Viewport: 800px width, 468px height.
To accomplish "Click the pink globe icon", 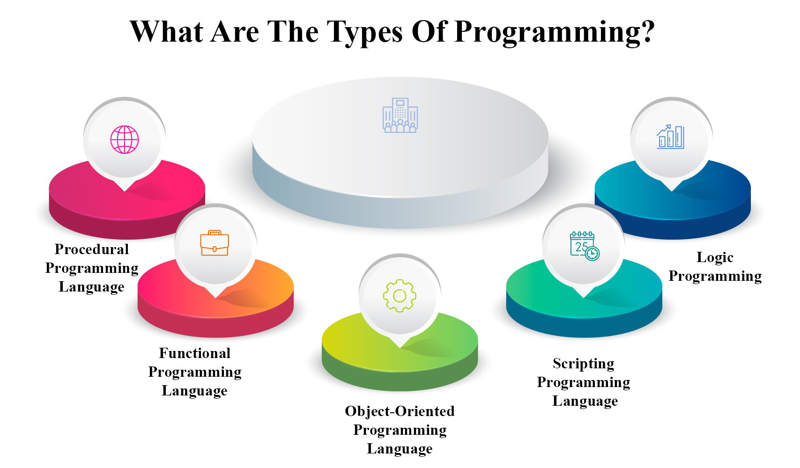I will click(x=125, y=139).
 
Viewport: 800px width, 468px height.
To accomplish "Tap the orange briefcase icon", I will click(x=215, y=243).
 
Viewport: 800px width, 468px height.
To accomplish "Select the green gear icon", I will click(x=400, y=296).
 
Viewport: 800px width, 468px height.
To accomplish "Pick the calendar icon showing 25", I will click(x=584, y=246).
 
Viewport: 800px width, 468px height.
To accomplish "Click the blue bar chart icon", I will click(x=670, y=137).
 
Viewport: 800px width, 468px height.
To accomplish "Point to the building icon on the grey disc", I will click(x=400, y=116).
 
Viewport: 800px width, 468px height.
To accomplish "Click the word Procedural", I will click(x=92, y=249).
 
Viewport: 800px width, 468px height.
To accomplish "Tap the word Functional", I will click(x=195, y=353).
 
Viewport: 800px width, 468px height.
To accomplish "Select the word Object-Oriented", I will click(x=400, y=411).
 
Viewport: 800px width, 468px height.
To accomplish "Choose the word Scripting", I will click(x=584, y=364).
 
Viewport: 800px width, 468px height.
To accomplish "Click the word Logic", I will click(x=715, y=257).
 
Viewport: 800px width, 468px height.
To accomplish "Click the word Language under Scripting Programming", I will click(x=585, y=401).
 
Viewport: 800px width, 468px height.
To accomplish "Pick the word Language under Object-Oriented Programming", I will click(x=400, y=449).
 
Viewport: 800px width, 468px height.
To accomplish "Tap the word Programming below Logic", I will click(x=715, y=276).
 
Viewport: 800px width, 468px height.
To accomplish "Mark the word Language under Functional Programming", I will click(x=195, y=391).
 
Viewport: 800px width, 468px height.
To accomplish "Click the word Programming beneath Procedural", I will click(x=92, y=268).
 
